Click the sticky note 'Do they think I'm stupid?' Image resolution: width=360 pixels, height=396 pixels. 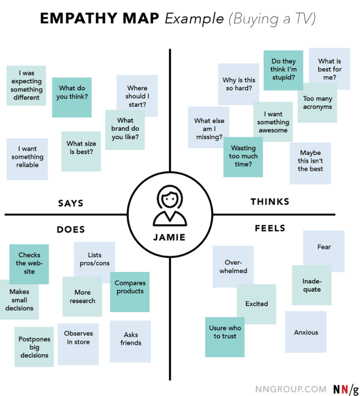283,70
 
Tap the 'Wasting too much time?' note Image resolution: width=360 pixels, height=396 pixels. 243,156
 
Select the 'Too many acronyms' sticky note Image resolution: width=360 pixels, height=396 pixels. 317,103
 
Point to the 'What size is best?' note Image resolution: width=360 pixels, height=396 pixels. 81,148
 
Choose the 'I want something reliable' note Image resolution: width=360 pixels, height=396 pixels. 27,157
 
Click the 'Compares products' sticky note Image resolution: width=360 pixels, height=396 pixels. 130,288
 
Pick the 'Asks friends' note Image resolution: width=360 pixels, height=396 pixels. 131,339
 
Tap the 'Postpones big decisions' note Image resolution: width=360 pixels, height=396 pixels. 34,347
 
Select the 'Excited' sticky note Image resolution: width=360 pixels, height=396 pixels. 256,304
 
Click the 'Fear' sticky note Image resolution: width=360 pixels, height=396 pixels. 324,247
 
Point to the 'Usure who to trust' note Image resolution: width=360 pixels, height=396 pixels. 225,333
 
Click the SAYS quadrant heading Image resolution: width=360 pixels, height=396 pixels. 71,203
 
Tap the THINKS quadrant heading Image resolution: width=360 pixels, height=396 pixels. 270,201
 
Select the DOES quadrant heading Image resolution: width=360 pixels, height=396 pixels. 71,229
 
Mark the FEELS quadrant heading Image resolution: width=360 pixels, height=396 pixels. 270,228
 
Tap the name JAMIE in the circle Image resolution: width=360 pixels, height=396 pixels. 169,238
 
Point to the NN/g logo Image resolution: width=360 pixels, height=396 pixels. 346,389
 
